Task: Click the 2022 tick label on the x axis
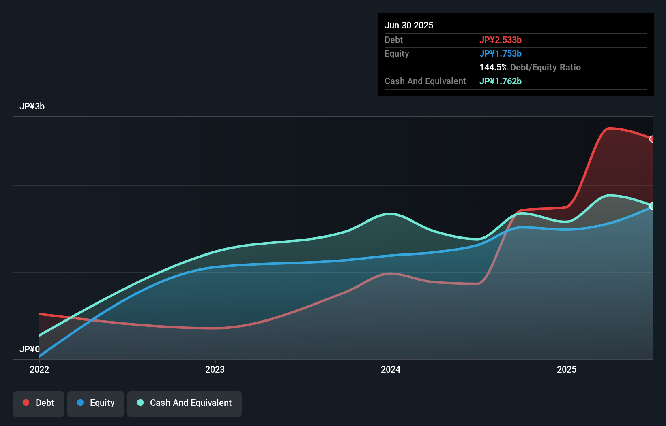[x=39, y=369]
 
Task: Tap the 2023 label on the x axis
[x=215, y=369]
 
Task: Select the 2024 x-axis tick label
[x=391, y=369]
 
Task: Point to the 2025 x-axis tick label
[x=567, y=369]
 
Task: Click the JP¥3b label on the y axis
[x=32, y=106]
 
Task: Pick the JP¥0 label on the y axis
[x=30, y=349]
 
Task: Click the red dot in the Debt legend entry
[x=26, y=403]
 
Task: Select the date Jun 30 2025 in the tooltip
[x=409, y=26]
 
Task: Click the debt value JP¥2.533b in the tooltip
[x=501, y=40]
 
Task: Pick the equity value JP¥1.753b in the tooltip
[x=501, y=54]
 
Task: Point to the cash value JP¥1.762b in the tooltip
[x=501, y=81]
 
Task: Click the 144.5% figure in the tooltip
[x=493, y=68]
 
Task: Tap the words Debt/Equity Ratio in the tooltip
[x=546, y=68]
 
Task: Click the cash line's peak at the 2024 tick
[x=390, y=214]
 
